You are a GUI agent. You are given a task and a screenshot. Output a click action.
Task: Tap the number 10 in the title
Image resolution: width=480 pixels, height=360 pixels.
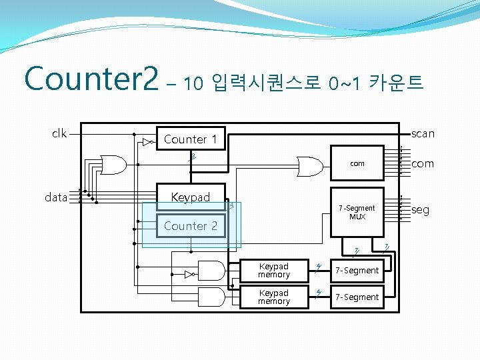[193, 83]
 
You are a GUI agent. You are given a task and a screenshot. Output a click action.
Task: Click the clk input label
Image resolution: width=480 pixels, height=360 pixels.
[59, 133]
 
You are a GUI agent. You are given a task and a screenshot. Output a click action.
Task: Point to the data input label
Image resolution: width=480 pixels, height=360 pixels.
[56, 197]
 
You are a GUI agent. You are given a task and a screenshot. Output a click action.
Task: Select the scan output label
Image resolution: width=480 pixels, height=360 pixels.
[423, 133]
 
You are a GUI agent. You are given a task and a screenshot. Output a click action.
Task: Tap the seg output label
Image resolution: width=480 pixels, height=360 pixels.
[421, 210]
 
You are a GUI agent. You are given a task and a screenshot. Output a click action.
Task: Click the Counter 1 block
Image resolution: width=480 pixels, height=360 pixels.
[191, 139]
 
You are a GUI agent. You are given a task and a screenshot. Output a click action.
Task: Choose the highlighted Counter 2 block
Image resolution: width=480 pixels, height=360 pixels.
[191, 225]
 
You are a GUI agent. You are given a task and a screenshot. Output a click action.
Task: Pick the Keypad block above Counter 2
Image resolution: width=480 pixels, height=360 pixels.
[191, 197]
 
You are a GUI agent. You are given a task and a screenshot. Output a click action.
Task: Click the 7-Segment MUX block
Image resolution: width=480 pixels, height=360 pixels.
[357, 212]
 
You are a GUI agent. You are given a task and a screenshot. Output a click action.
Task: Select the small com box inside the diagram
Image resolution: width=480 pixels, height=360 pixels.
[357, 164]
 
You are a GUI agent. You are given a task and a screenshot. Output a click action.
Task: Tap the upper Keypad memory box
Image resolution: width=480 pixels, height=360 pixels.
[274, 270]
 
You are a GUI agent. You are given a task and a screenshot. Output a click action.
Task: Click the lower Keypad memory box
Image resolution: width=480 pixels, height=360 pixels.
[274, 297]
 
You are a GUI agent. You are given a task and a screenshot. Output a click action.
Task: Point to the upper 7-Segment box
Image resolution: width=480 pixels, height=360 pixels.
[357, 270]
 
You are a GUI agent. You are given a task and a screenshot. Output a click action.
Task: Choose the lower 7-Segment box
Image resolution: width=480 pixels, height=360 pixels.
[357, 297]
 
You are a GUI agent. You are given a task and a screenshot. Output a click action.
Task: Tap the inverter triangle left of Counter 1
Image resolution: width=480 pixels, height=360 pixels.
[147, 142]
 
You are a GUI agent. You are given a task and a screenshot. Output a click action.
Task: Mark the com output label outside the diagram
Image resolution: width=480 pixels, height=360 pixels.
[423, 163]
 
